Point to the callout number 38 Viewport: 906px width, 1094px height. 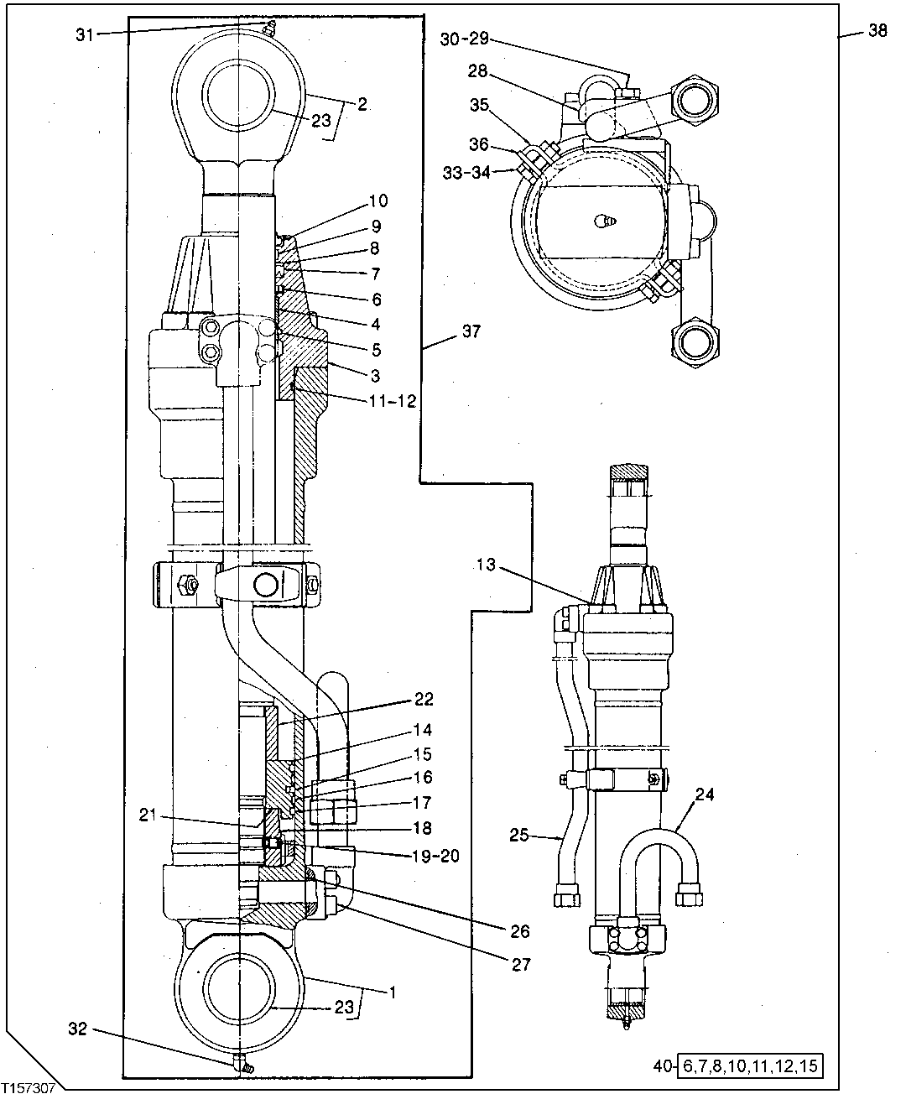coord(877,31)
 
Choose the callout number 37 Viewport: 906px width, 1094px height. coord(471,331)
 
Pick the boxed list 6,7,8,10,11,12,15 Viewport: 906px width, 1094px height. coord(747,1067)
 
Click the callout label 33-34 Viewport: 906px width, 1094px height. coord(467,172)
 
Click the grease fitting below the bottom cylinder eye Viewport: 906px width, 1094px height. coord(242,1062)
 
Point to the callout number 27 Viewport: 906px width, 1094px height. coord(521,965)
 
